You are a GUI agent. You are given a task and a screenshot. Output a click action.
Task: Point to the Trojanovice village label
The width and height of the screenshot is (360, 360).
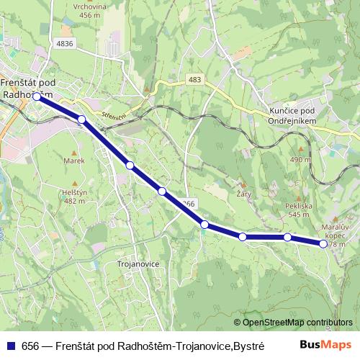click(137, 264)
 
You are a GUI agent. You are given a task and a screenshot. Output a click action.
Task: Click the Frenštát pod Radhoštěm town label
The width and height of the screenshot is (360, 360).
click(27, 87)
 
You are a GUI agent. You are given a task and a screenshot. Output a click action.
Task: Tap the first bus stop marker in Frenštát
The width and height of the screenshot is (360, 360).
click(37, 95)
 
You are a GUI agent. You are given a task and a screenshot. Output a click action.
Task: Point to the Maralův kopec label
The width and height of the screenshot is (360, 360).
click(333, 230)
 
